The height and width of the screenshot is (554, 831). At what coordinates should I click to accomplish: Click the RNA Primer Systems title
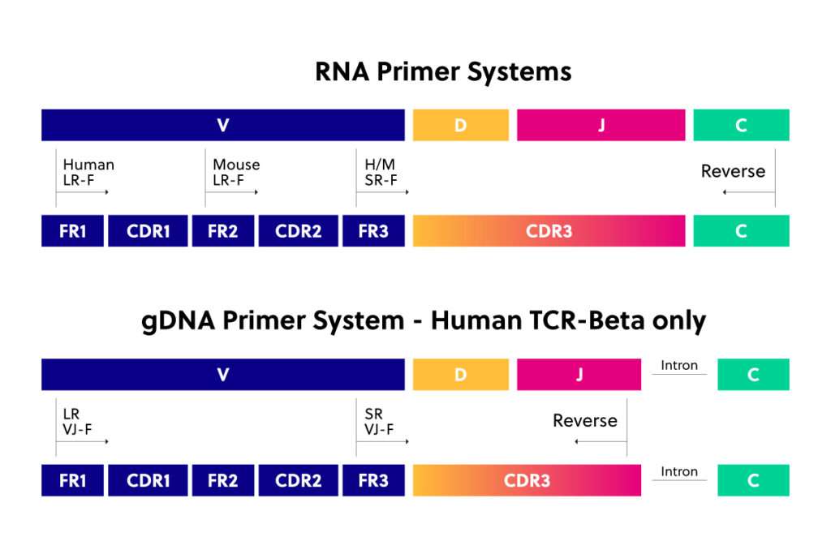tap(443, 71)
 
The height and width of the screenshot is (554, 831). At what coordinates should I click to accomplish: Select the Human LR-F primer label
tap(88, 172)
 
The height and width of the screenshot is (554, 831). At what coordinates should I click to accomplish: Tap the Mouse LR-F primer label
tap(236, 172)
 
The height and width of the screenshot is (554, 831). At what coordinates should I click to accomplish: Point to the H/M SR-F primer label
tap(381, 172)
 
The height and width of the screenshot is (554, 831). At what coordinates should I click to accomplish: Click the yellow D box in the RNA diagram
tap(461, 125)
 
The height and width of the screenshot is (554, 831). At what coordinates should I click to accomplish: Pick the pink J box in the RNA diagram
tap(601, 125)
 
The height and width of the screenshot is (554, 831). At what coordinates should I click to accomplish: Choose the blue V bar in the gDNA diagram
tap(223, 375)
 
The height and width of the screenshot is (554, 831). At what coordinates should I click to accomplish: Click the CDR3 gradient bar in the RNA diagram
tap(549, 231)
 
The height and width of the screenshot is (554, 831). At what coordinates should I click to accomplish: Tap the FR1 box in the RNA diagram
tap(72, 231)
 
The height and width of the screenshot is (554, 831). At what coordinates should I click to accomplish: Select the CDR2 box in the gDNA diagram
tap(299, 480)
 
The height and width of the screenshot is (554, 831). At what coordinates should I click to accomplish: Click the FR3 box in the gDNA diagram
tap(373, 480)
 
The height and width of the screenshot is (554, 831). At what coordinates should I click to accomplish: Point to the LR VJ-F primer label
tap(77, 422)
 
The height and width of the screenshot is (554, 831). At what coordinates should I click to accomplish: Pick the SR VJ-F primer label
tap(379, 422)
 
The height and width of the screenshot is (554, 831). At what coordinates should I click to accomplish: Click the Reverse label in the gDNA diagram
tap(585, 420)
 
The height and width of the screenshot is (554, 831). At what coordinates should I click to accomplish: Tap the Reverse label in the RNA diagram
tap(733, 171)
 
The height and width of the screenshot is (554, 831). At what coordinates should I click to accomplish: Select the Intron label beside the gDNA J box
tap(679, 366)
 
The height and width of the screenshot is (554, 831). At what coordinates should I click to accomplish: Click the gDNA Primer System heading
tap(424, 321)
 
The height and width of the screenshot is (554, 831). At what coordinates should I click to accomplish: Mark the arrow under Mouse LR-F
tap(231, 191)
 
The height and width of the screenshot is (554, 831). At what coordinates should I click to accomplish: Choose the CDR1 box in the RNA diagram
tap(148, 231)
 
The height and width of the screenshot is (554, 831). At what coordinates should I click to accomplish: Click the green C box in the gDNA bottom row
tap(753, 480)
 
